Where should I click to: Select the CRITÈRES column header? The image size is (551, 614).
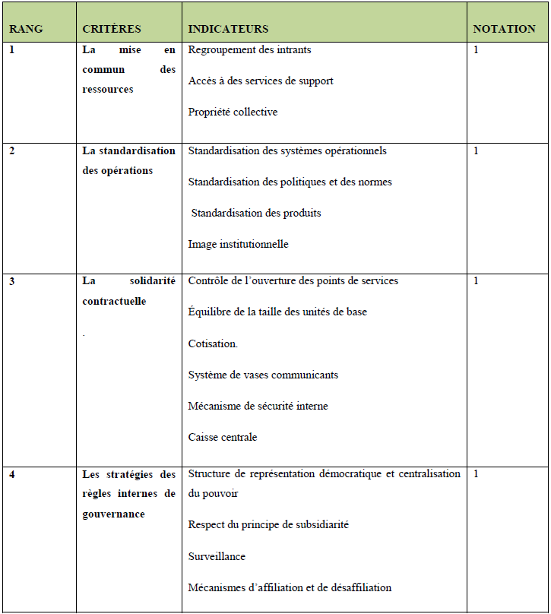coord(112,29)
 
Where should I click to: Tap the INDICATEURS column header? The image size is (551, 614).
coord(228,29)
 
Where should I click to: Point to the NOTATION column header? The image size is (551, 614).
coord(504,29)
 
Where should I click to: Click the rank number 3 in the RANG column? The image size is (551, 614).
coord(12,281)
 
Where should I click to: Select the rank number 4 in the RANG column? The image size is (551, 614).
coord(12,474)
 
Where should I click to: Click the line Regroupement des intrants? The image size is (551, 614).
coord(249,50)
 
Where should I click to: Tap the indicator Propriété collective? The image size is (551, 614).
coord(233,112)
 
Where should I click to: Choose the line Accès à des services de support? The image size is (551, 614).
coord(261,81)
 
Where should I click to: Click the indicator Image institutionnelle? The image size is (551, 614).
coord(238,245)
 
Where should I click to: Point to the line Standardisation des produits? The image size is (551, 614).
coord(256,214)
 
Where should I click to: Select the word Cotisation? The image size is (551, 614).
coord(213,344)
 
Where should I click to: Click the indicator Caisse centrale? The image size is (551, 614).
coord(223,438)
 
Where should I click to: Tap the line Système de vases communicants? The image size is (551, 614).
coord(263,375)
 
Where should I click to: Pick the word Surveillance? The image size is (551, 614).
coord(217,557)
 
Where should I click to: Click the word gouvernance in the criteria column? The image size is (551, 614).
coord(113,514)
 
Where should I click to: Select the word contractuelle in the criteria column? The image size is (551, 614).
coord(114,301)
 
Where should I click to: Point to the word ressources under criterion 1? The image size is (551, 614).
coord(108,90)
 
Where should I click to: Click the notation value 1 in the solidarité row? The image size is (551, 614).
coord(476,281)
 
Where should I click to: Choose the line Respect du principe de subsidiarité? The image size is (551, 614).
coord(268,525)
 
